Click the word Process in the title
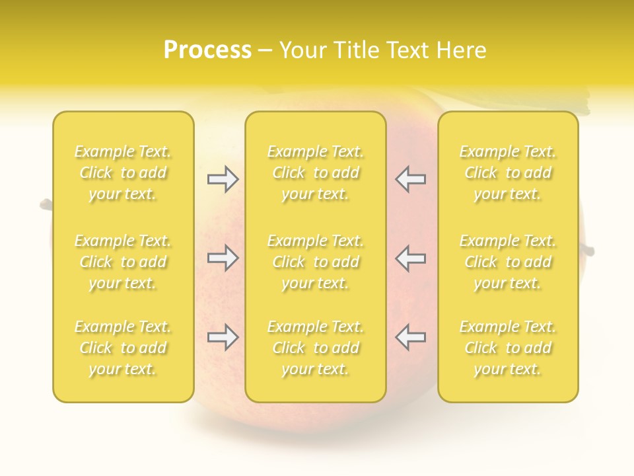pyautogui.click(x=207, y=50)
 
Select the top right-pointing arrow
pyautogui.click(x=223, y=179)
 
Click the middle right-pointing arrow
pyautogui.click(x=223, y=258)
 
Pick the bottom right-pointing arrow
pyautogui.click(x=223, y=337)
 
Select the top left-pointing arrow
pyautogui.click(x=410, y=179)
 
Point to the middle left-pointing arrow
pyautogui.click(x=410, y=258)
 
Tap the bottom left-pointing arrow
pyautogui.click(x=410, y=337)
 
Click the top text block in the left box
pyautogui.click(x=123, y=173)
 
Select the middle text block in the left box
pyautogui.click(x=123, y=262)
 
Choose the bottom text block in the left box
pyautogui.click(x=123, y=348)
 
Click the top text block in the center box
pyautogui.click(x=315, y=173)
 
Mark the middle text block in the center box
pyautogui.click(x=315, y=262)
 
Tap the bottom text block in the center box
pyautogui.click(x=315, y=348)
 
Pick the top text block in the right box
pyautogui.click(x=508, y=173)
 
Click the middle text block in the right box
pyautogui.click(x=508, y=262)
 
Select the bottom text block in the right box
pyautogui.click(x=508, y=348)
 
